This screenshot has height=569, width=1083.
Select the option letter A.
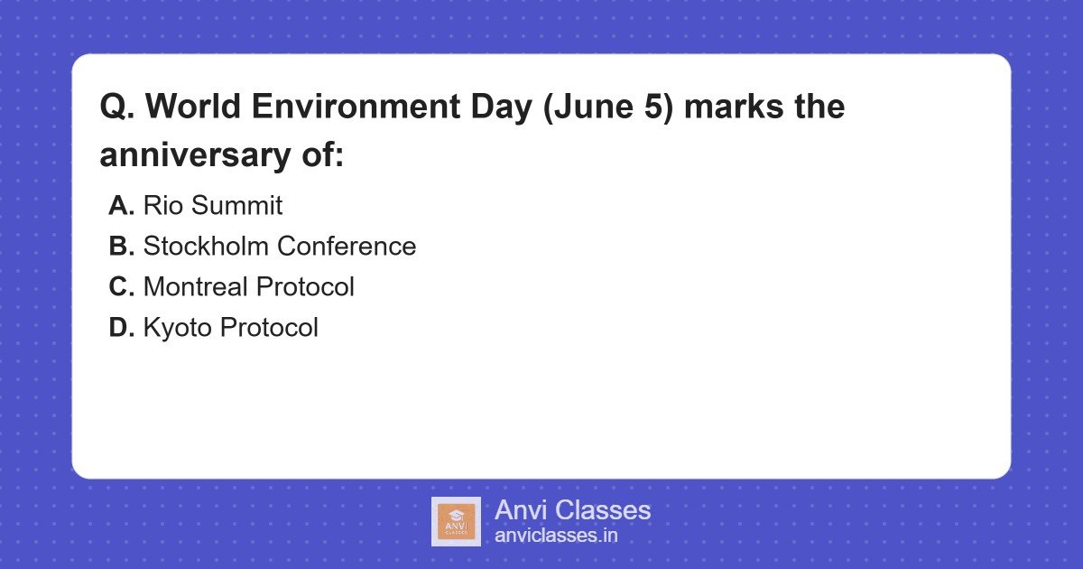pos(121,206)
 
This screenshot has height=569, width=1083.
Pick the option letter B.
pos(121,247)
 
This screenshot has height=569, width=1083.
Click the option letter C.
pos(121,287)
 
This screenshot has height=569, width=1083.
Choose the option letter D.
pos(121,328)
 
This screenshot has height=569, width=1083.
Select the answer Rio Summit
pos(212,206)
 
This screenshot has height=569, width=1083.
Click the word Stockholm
pos(206,247)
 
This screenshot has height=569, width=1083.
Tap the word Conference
pos(347,247)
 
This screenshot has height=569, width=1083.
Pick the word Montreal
pos(195,287)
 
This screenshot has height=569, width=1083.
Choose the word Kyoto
pos(178,328)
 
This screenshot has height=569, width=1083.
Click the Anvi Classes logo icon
pos(456,521)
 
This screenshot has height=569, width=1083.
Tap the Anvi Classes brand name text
pos(572,510)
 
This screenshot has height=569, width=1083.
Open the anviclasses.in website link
pos(556,536)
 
